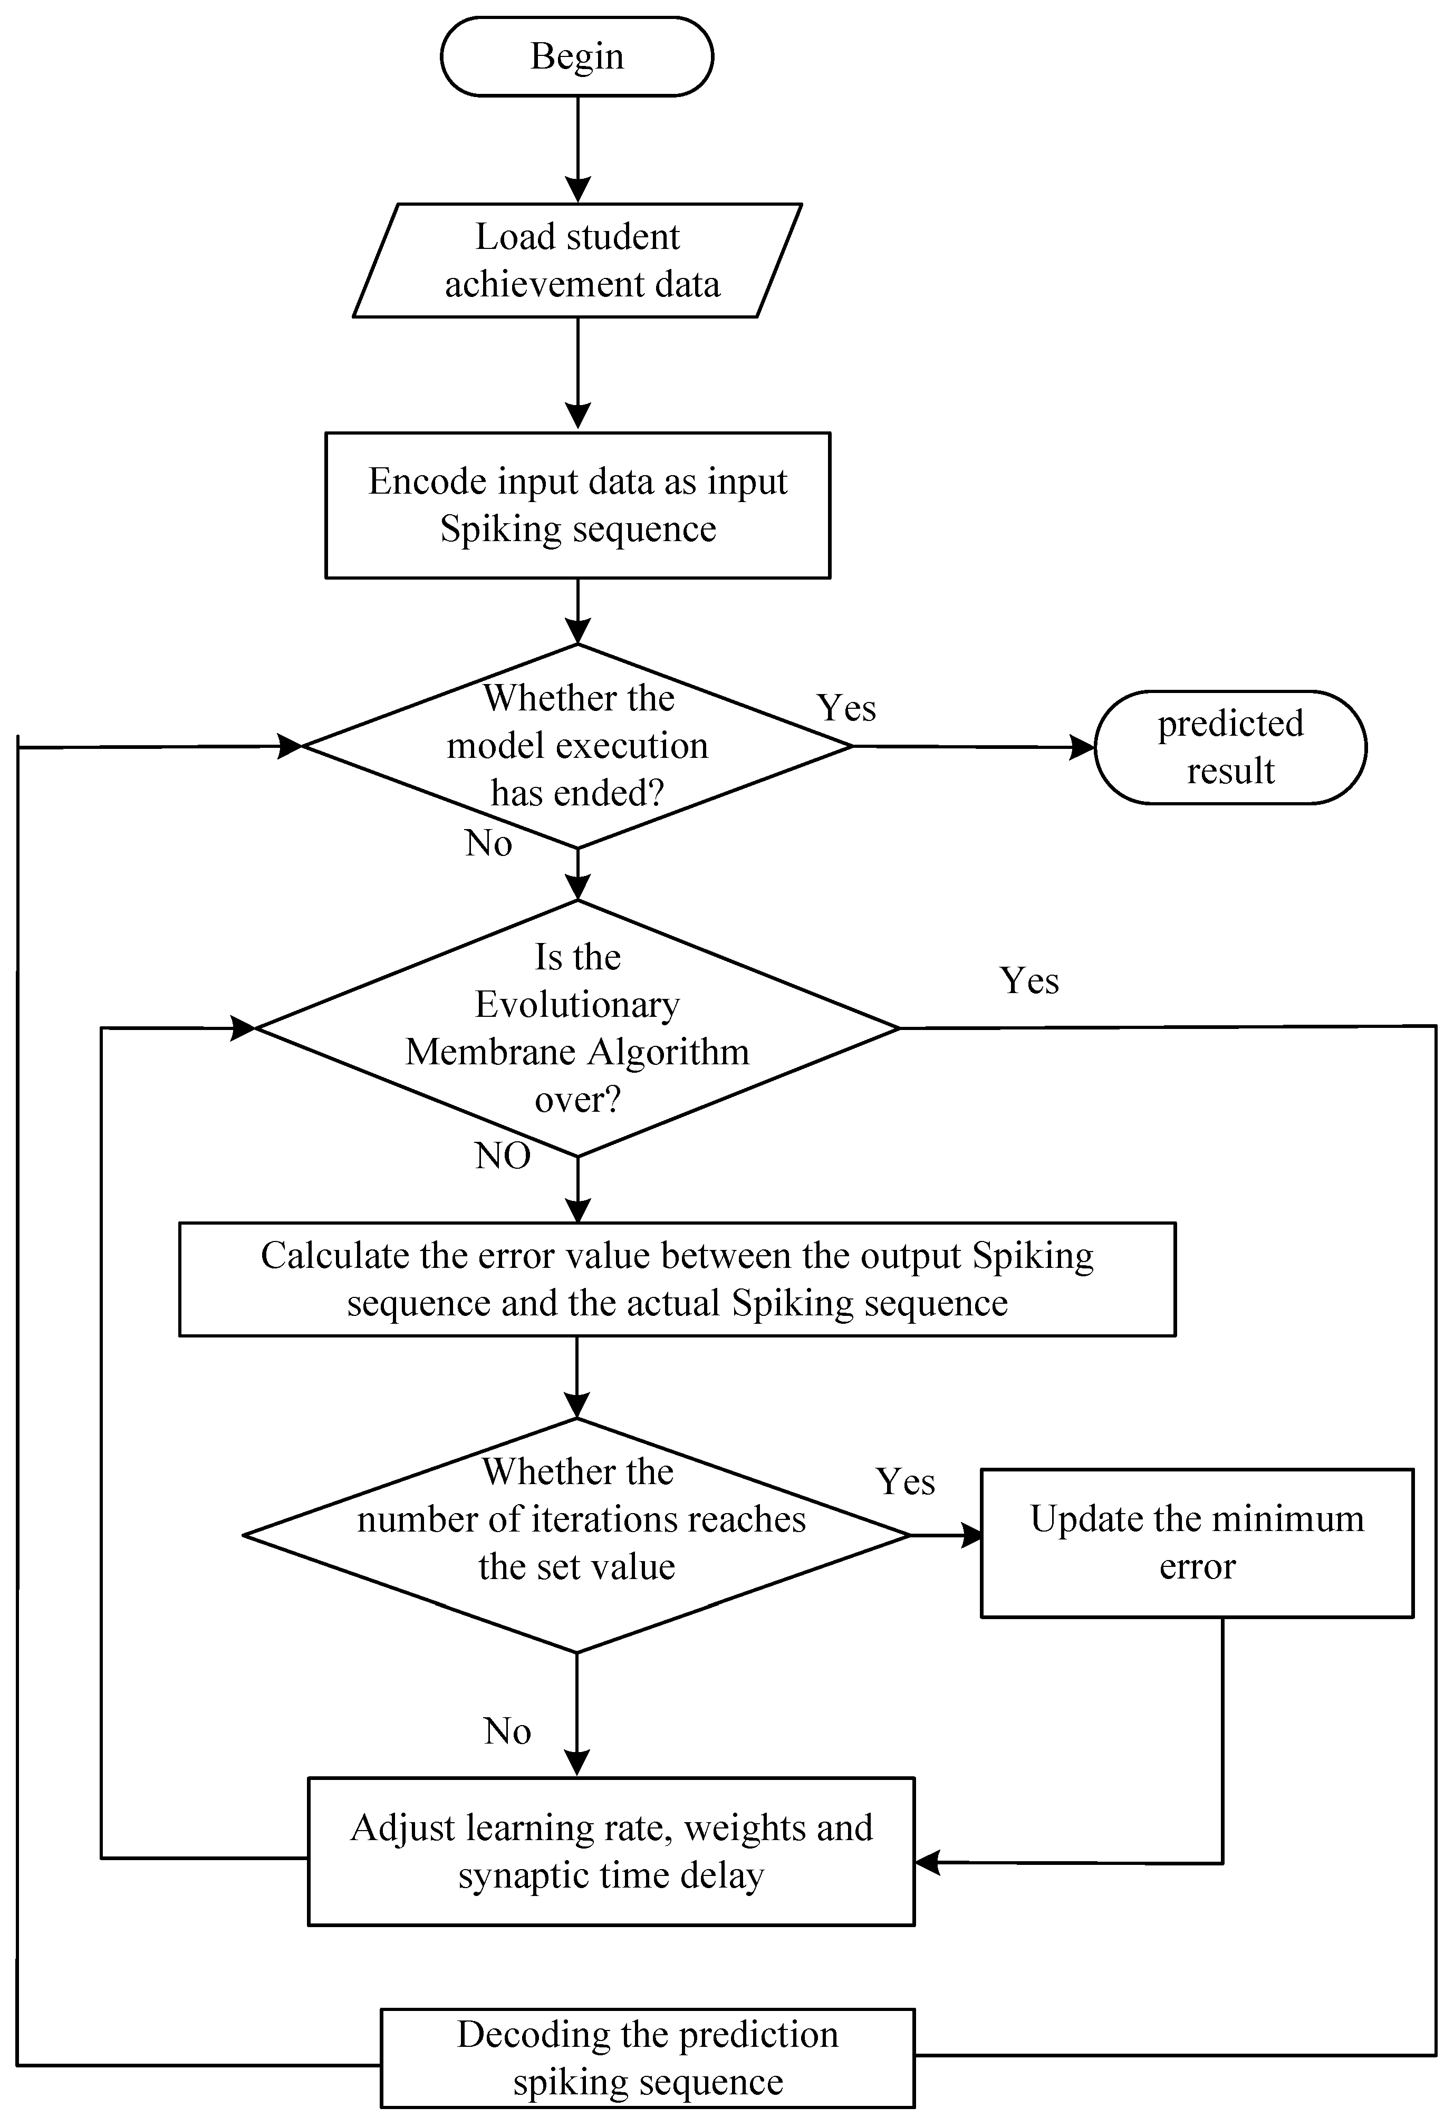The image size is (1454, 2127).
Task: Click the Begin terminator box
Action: (576, 57)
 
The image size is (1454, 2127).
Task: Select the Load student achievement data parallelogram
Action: (577, 261)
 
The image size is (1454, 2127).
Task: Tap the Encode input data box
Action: (577, 505)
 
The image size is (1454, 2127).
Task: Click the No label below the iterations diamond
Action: (507, 1731)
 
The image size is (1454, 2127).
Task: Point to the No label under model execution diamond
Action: (488, 843)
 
